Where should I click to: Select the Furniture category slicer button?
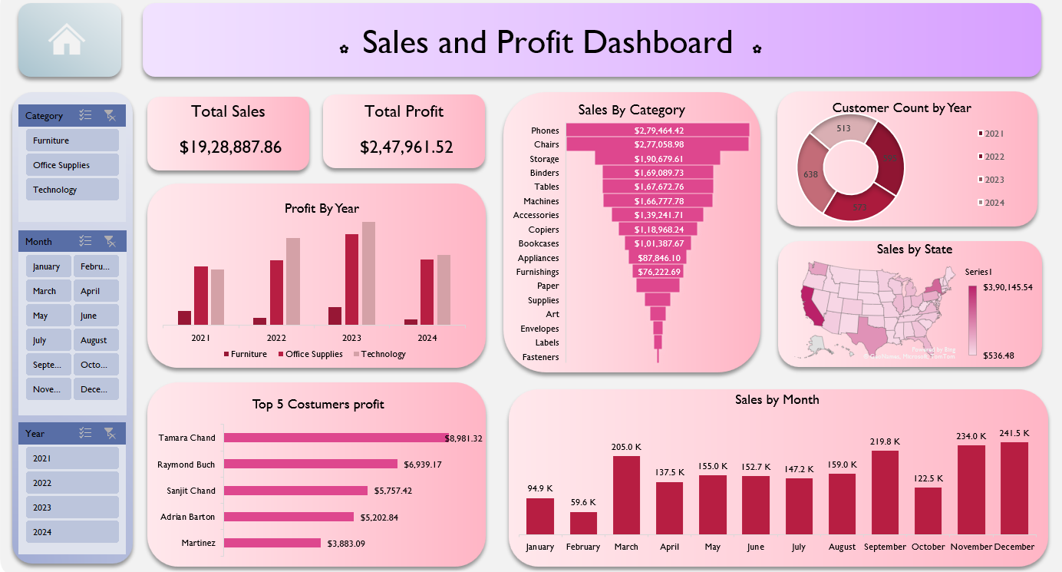(x=72, y=141)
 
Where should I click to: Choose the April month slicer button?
(x=95, y=291)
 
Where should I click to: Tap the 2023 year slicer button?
(x=72, y=508)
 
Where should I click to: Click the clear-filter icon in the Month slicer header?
(x=110, y=241)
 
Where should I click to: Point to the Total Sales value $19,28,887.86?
(x=229, y=147)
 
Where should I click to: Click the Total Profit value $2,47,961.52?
(x=406, y=147)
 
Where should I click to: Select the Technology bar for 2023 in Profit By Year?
(x=368, y=273)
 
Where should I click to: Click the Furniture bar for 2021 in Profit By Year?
(x=184, y=317)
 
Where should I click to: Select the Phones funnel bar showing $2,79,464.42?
(x=658, y=131)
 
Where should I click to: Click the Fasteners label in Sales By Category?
(x=540, y=357)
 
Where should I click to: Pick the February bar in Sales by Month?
(x=583, y=523)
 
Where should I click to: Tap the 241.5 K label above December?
(x=1014, y=432)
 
